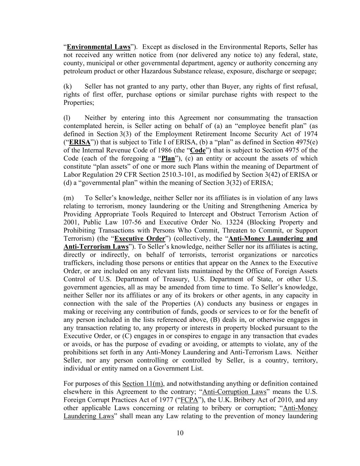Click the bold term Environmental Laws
click(98, 47)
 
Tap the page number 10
click(180, 433)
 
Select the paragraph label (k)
click(68, 86)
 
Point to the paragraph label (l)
click(67, 118)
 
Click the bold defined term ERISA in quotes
click(80, 142)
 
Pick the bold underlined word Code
click(198, 150)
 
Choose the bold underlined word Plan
click(168, 158)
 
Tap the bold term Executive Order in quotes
click(140, 238)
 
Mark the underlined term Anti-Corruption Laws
click(234, 392)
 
